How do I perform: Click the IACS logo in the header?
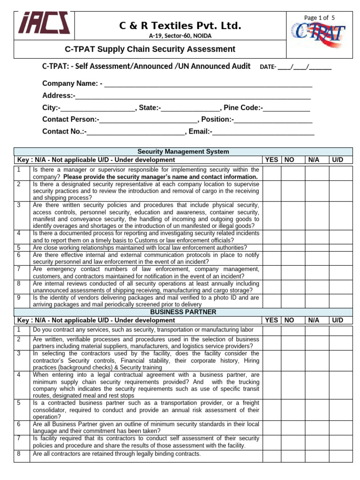pos(45,23)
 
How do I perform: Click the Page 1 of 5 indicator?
pos(319,17)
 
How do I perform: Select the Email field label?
pos(200,132)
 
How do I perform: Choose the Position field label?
pos(217,120)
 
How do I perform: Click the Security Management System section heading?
pos(183,151)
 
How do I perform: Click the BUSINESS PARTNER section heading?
pos(183,312)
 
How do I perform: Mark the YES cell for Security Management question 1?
pos(271,172)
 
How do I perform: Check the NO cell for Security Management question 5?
pos(293,247)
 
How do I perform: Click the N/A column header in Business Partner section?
pos(314,320)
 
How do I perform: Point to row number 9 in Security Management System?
pos(19,298)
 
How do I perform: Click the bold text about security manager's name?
pos(160,177)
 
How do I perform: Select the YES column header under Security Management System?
pos(271,160)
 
